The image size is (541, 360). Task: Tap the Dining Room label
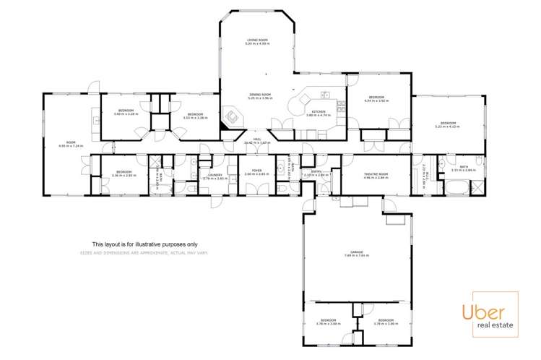[x=260, y=95]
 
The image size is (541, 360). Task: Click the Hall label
[x=257, y=140]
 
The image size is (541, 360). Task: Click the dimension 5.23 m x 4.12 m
[x=446, y=127]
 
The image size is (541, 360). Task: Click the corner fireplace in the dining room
[x=232, y=117]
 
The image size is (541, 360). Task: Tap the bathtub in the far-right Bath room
[x=455, y=189]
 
